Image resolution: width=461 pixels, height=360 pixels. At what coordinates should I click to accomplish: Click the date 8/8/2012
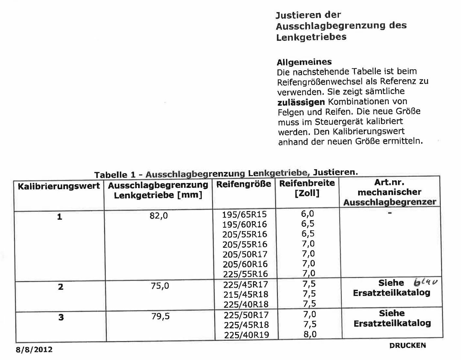pyautogui.click(x=34, y=350)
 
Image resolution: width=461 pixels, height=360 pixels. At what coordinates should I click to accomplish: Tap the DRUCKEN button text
pyautogui.click(x=407, y=345)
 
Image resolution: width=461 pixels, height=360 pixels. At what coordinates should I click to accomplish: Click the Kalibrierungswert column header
pyautogui.click(x=59, y=187)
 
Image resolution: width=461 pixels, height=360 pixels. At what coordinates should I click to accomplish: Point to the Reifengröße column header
pyautogui.click(x=244, y=184)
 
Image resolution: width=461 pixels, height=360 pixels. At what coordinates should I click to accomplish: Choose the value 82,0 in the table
pyautogui.click(x=159, y=216)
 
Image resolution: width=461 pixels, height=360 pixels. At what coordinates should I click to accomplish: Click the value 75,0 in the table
pyautogui.click(x=160, y=286)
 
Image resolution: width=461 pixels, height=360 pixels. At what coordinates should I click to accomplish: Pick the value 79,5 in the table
pyautogui.click(x=160, y=316)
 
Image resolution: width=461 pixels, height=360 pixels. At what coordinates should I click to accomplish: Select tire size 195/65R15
pyautogui.click(x=244, y=214)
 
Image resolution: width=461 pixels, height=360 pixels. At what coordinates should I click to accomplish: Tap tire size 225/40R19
pyautogui.click(x=246, y=335)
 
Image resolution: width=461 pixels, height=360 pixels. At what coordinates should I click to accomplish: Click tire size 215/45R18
pyautogui.click(x=246, y=294)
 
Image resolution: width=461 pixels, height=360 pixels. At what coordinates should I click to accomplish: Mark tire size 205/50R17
pyautogui.click(x=245, y=254)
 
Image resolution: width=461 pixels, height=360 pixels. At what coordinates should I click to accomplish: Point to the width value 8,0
pyautogui.click(x=310, y=334)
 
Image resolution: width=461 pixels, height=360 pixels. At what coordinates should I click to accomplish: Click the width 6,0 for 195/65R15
pyautogui.click(x=307, y=214)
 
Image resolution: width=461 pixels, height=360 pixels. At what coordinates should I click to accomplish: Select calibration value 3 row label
pyautogui.click(x=61, y=317)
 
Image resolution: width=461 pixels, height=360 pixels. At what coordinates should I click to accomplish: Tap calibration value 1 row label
pyautogui.click(x=59, y=217)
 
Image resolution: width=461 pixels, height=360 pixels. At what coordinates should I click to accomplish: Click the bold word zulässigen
pyautogui.click(x=301, y=102)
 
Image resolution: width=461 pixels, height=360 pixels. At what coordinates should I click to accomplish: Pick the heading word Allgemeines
pyautogui.click(x=304, y=62)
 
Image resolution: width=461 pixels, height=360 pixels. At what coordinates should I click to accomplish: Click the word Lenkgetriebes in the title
pyautogui.click(x=311, y=37)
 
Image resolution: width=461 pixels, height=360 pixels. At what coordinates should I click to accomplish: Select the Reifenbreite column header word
pyautogui.click(x=307, y=183)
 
